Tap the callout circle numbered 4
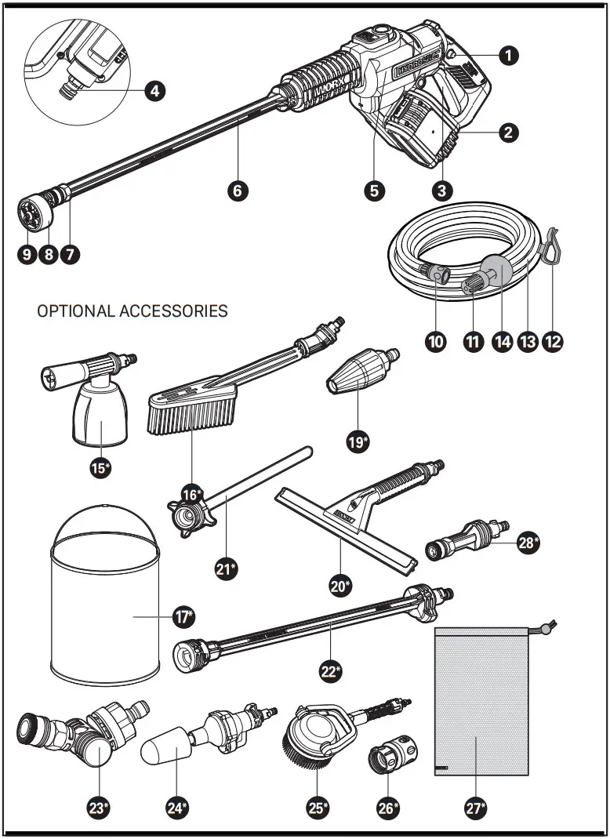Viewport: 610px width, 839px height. pos(154,91)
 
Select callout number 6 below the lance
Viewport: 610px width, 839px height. pos(239,190)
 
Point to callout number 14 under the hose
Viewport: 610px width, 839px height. pos(502,342)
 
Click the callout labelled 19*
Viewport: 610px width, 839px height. pos(358,441)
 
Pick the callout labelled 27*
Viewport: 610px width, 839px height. pos(475,808)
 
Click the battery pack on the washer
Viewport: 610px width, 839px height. pos(416,133)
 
